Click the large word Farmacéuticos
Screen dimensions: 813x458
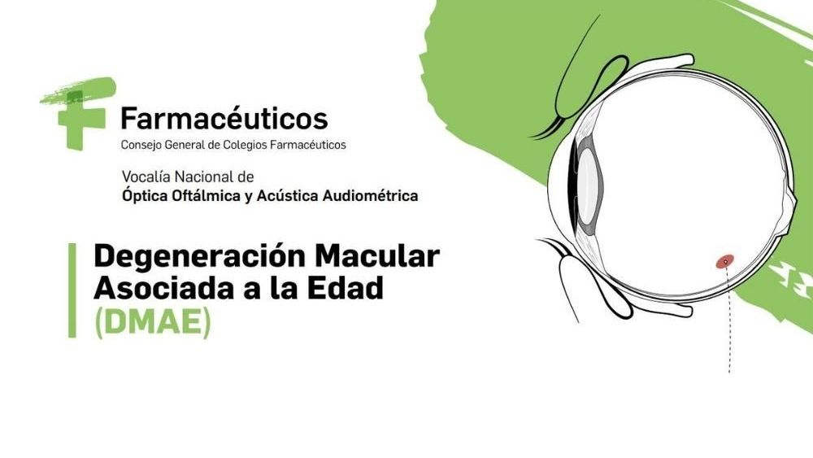[224, 118]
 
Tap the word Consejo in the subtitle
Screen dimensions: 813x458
[141, 146]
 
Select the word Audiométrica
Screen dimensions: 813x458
[370, 195]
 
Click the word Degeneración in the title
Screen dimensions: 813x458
[200, 257]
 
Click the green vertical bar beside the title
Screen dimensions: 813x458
[72, 290]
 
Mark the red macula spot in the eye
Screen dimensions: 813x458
[725, 261]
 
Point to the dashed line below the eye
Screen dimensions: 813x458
[728, 317]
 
